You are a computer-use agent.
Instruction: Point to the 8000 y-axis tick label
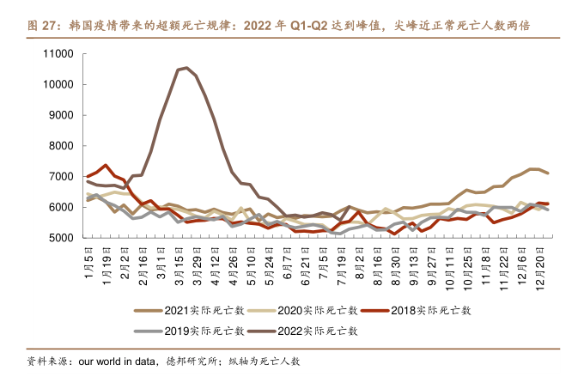(64, 146)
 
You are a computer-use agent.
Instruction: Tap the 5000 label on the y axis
(64, 238)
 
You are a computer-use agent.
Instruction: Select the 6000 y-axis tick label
(64, 207)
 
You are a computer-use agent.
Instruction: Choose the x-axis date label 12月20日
(542, 263)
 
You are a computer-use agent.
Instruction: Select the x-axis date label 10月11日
(452, 263)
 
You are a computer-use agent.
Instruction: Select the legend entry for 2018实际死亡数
(416, 311)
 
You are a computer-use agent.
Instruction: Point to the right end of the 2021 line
(548, 173)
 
